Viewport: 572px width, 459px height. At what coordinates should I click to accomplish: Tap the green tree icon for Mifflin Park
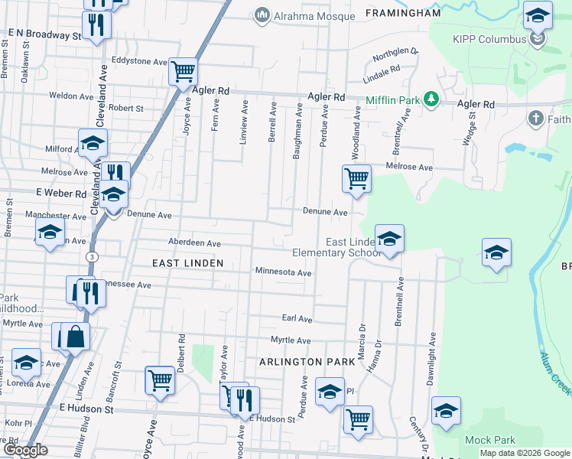click(x=432, y=99)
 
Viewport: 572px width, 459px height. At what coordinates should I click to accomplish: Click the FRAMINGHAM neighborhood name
click(x=403, y=13)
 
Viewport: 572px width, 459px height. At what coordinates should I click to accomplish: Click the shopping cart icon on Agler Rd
click(x=184, y=73)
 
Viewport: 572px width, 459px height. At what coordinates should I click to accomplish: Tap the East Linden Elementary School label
click(x=336, y=247)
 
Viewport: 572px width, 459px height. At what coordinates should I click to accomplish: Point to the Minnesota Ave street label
click(x=283, y=272)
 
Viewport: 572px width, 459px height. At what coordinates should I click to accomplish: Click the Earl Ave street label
click(x=297, y=318)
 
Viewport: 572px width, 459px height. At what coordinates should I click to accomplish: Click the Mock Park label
click(x=489, y=441)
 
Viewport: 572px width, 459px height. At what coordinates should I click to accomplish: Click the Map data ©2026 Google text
click(x=524, y=453)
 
